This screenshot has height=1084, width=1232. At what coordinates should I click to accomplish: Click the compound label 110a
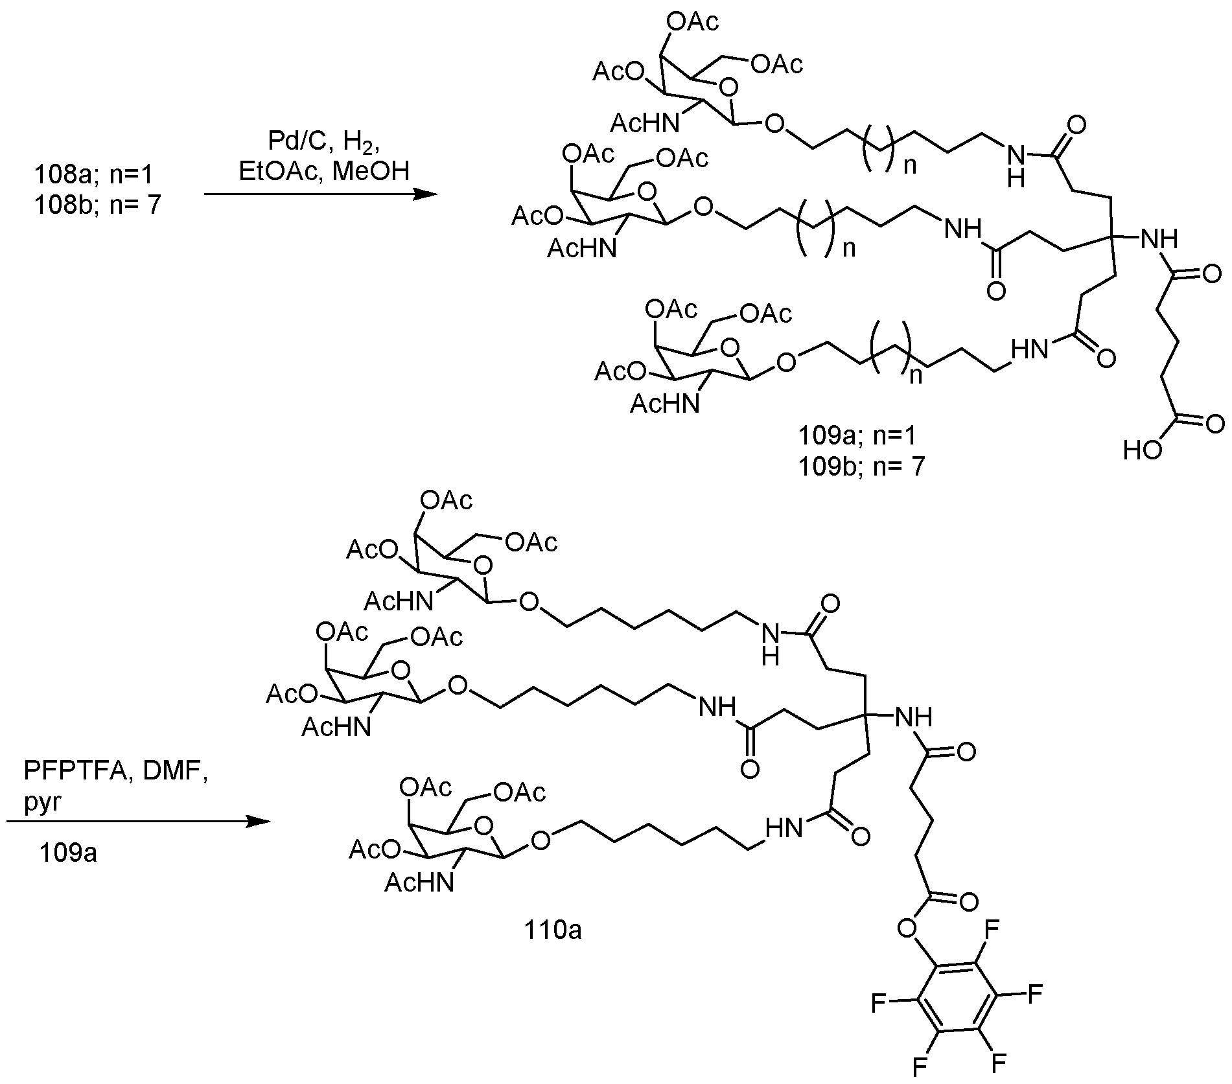[552, 930]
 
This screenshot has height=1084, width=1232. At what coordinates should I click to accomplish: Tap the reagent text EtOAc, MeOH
[323, 172]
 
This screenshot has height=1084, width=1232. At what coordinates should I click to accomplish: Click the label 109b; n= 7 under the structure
[861, 465]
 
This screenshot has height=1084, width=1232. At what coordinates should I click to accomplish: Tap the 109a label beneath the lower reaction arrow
[67, 853]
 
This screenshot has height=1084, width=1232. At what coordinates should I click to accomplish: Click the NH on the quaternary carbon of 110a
[912, 717]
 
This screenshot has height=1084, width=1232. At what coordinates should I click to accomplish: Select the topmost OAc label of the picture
[693, 23]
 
